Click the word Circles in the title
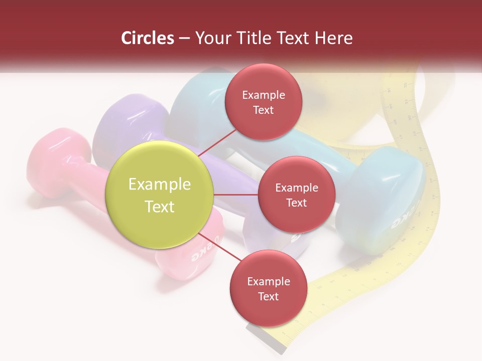[x=148, y=38]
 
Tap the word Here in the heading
[x=334, y=38]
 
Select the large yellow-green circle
[x=160, y=195]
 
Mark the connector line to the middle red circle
[x=236, y=195]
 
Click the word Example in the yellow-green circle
[x=160, y=184]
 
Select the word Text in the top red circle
[x=264, y=110]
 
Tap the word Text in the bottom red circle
[x=268, y=296]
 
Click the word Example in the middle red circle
[x=296, y=188]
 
